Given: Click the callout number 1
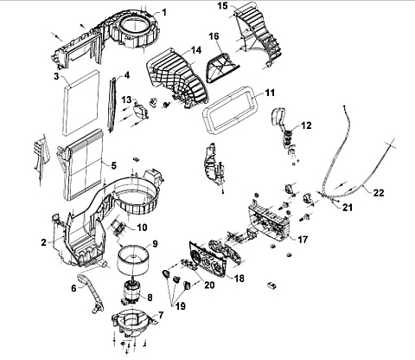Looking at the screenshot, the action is coord(164,12).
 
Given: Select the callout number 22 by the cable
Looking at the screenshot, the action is coord(379,192).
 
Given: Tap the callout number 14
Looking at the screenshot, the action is coord(195,49).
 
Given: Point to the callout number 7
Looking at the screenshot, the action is coord(160,315).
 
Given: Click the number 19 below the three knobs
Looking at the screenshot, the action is coord(181,306).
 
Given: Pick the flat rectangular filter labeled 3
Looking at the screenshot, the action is coord(80,103).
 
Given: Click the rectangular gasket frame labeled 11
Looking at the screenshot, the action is coord(207,115).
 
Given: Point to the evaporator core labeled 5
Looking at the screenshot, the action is coord(83,164).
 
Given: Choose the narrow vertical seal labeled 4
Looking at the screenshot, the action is coord(112,103).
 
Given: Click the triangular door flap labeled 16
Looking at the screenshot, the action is coord(222,67).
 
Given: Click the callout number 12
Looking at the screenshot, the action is coord(306,125).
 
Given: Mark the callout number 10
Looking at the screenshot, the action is coord(142,228).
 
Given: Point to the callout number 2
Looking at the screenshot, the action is coord(43,242).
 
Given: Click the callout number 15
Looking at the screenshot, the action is coord(222,6).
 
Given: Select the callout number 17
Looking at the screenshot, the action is coord(303,239).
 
